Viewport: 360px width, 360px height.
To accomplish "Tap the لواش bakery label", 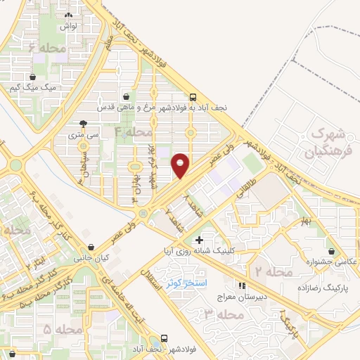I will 67,25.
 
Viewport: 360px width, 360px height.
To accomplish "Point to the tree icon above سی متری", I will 84,122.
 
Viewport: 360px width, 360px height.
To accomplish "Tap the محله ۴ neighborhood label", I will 133,131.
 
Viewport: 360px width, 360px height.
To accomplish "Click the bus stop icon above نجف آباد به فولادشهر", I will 193,98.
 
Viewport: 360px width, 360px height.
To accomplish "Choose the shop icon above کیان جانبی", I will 93,247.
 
